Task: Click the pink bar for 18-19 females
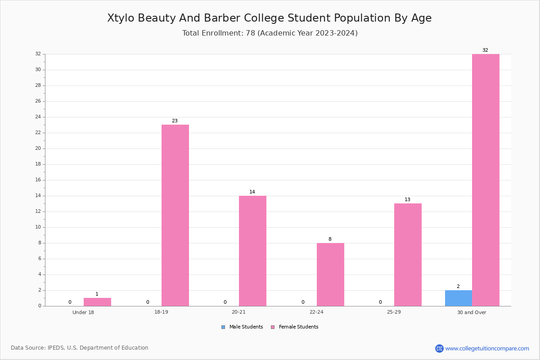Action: pos(175,215)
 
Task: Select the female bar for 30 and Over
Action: pos(486,180)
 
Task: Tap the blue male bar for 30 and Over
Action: pos(459,298)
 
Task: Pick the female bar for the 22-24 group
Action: pos(330,274)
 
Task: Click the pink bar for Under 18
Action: pos(97,302)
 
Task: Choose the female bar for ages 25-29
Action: pos(408,255)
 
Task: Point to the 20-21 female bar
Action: pos(252,251)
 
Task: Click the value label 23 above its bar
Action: pos(175,121)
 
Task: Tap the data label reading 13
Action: pos(407,199)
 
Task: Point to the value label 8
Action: pos(330,239)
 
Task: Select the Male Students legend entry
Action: pos(242,327)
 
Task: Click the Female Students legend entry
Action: pos(295,327)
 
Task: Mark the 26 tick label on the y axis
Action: pos(38,101)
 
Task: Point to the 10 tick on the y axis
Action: pos(38,227)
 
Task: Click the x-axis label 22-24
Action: pos(316,312)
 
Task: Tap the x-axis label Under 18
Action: pos(83,312)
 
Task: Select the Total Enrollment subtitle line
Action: pos(270,33)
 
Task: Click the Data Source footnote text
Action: pos(80,348)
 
